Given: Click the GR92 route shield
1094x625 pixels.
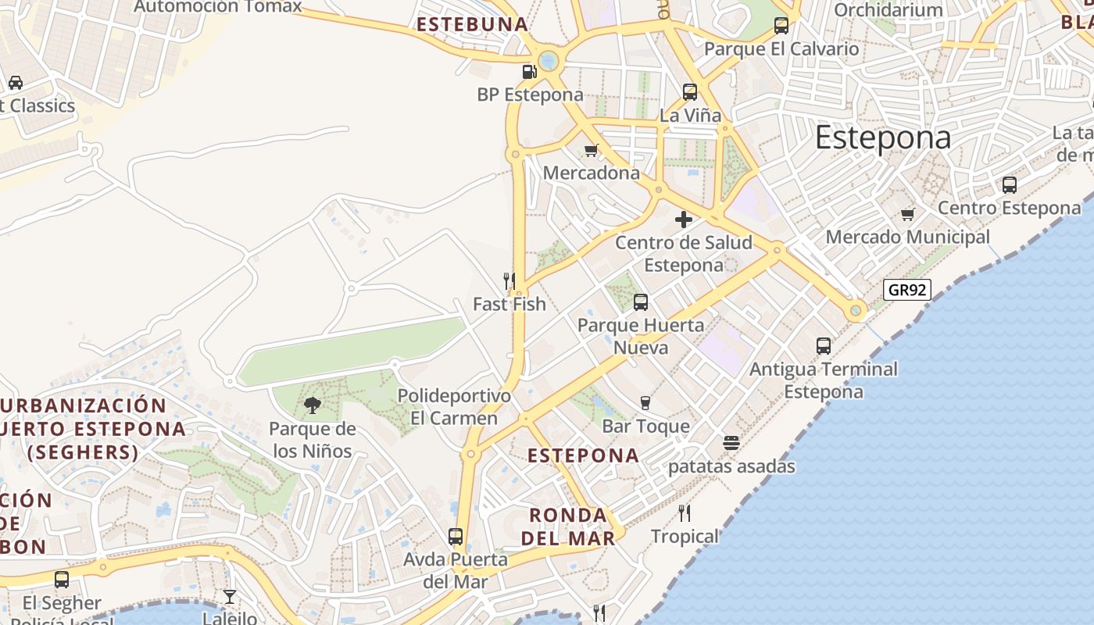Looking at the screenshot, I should coord(908,290).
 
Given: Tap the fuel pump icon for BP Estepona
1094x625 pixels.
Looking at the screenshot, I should coord(530,72).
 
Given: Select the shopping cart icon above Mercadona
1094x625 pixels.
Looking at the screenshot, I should coord(592,150).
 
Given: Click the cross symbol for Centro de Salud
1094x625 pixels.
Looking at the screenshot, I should coord(684,220).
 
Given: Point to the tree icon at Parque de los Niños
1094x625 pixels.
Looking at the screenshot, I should coord(313,405).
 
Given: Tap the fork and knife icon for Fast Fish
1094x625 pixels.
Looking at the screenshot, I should coord(509,280).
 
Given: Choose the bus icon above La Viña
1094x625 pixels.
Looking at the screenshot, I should coord(690,92).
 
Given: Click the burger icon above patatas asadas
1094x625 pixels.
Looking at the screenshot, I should coord(731,443).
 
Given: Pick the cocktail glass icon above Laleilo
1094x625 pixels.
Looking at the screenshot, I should coord(230,597).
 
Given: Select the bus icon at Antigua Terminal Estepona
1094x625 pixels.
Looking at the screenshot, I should coord(824,345).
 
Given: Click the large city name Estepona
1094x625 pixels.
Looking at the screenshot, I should coord(883,137).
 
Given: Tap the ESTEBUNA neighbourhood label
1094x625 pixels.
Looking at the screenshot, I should coord(473,24).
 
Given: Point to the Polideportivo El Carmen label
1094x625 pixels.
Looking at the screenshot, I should coord(454,407).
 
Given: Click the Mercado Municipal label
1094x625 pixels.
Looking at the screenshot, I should coord(907,237).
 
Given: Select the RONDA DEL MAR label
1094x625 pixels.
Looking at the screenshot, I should coord(568,527).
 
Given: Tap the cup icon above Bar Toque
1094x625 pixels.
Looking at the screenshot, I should coord(645,403).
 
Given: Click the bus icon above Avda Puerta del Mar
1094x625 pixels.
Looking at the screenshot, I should coord(456,537).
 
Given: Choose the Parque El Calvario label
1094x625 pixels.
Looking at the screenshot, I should coord(781,48).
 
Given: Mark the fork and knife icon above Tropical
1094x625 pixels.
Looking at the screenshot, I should coord(685,513).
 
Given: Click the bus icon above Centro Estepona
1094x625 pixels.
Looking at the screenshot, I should coord(1010,185).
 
